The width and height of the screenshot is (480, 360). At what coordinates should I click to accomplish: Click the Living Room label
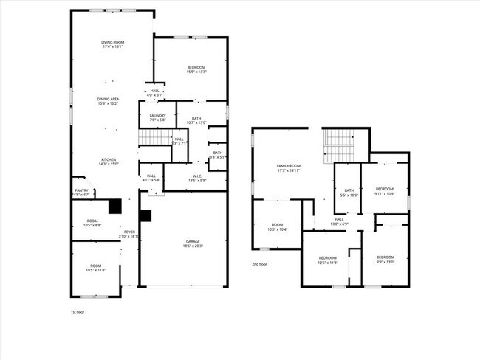tap(113, 45)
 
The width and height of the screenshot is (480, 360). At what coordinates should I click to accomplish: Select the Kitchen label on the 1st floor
tap(109, 162)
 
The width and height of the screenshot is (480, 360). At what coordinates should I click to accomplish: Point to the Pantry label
tap(82, 193)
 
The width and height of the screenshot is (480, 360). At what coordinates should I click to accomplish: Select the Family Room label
tap(289, 168)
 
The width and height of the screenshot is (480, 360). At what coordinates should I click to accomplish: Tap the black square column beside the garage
tap(145, 215)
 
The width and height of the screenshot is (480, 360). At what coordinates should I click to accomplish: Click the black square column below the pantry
tap(114, 207)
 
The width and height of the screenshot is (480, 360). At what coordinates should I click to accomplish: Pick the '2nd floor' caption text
tap(259, 264)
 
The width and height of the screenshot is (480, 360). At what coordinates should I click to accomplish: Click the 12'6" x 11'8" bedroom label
tap(328, 260)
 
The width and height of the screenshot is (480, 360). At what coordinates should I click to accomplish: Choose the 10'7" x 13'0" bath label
tap(196, 120)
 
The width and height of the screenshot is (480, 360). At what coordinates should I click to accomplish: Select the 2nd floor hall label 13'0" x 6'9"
tap(340, 221)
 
